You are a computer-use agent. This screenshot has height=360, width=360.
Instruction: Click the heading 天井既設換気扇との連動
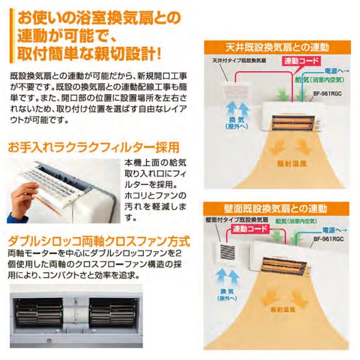(277, 48)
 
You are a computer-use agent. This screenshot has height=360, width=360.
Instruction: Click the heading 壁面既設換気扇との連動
(275, 209)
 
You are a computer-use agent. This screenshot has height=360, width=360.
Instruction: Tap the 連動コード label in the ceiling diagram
(301, 61)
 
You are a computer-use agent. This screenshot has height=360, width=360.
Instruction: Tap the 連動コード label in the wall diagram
(250, 229)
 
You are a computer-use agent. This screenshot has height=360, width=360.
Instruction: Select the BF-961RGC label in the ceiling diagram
(328, 94)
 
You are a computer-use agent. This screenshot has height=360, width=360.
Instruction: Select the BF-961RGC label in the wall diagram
(329, 239)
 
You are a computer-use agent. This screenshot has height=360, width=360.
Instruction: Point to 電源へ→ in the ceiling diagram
(337, 71)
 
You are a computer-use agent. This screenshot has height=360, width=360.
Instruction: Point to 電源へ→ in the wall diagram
(335, 230)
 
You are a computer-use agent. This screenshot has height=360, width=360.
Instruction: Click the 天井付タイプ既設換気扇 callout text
(239, 61)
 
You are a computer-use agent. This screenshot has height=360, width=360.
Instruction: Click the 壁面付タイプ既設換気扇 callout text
(237, 220)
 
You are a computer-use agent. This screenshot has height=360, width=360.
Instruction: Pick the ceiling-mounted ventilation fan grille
(236, 91)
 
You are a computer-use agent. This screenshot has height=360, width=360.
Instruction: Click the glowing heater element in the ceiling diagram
(293, 122)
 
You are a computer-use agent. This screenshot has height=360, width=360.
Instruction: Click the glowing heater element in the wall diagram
(284, 266)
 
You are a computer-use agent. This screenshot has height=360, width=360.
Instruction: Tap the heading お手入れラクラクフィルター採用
(94, 148)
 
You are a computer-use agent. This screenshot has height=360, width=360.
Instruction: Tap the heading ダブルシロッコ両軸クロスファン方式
(99, 241)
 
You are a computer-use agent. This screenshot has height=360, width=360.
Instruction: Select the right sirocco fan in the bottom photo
(113, 313)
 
